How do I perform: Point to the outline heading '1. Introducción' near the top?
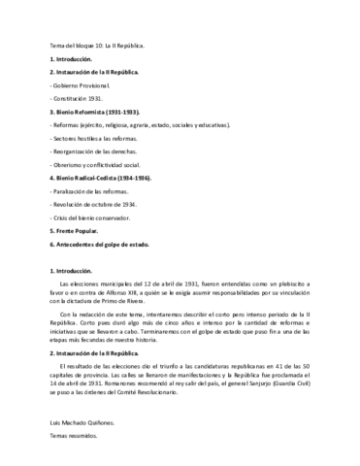tap(71, 59)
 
